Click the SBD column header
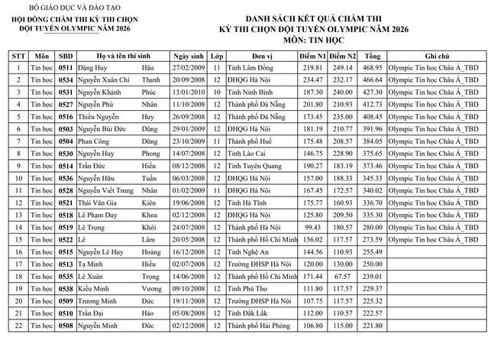coord(66,57)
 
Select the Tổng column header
coord(372,57)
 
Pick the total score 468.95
coord(372,69)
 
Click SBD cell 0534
coord(66,80)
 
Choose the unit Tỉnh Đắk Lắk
coord(248,313)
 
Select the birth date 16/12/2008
coord(189,251)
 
